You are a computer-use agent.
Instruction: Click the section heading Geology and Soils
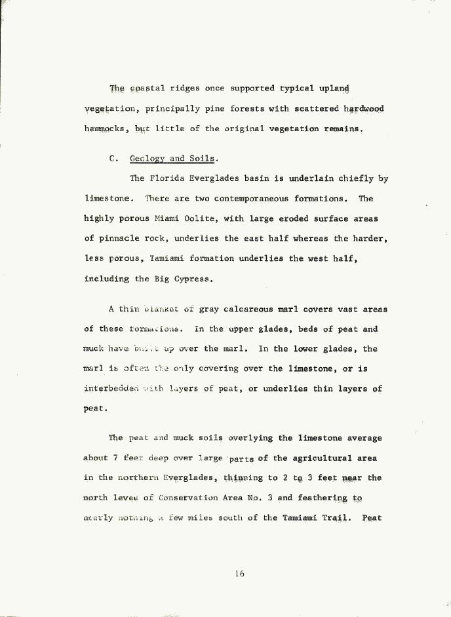pyautogui.click(x=173, y=159)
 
